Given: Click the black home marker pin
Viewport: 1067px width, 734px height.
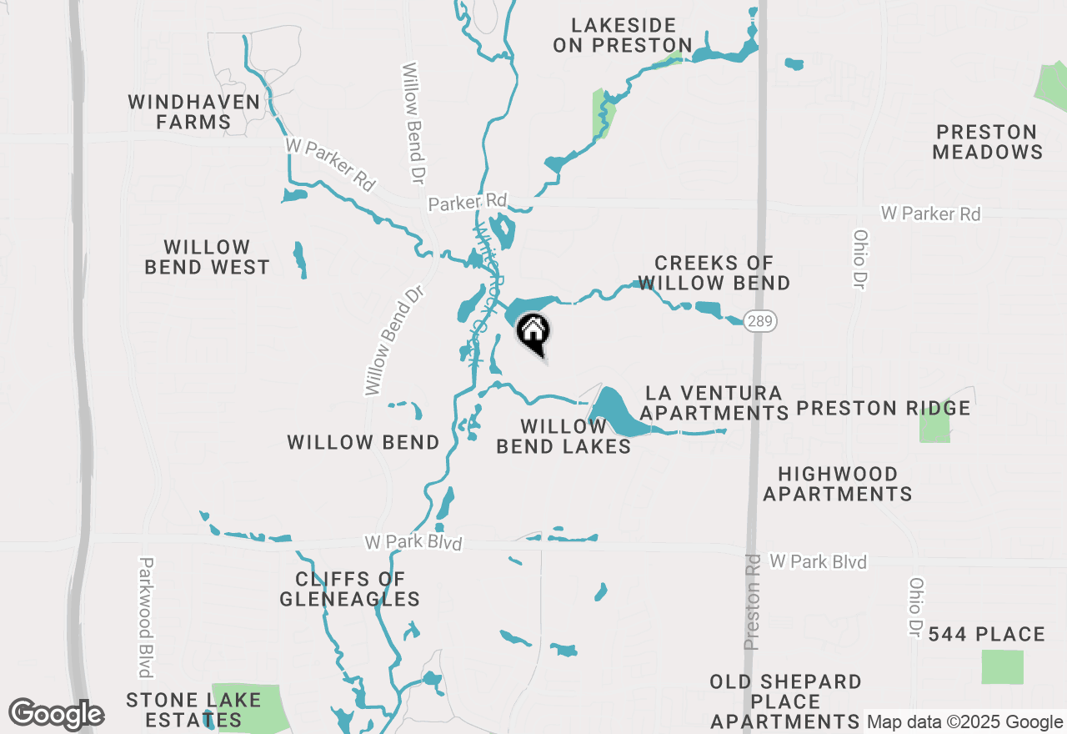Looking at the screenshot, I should point(533,334).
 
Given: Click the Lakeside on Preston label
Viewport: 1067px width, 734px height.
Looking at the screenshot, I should point(623,35).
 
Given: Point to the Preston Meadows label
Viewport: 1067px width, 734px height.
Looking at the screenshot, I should point(987,142).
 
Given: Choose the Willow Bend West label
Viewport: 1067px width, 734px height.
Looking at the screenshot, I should point(207,257).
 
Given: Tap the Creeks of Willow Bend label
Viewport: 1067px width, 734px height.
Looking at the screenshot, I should point(714,273).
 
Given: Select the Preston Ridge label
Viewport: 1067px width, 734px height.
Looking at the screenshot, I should point(884,408).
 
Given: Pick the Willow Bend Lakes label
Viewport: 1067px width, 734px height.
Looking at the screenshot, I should point(564,436).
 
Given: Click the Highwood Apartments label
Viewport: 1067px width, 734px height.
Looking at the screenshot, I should point(838,484).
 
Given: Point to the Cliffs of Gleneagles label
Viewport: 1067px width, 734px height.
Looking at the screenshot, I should point(349,589).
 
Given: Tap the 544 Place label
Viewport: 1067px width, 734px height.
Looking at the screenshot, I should point(986,635).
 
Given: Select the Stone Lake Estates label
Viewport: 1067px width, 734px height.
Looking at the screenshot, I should point(193,710).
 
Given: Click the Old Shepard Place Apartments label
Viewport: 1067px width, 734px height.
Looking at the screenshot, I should point(785,701).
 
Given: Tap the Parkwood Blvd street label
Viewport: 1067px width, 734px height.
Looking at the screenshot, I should point(147,617).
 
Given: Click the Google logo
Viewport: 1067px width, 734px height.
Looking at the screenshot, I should point(56,714).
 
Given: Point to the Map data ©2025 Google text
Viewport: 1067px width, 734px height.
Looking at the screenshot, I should point(964,722).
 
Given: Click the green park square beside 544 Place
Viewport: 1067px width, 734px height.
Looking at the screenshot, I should point(1002,666).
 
